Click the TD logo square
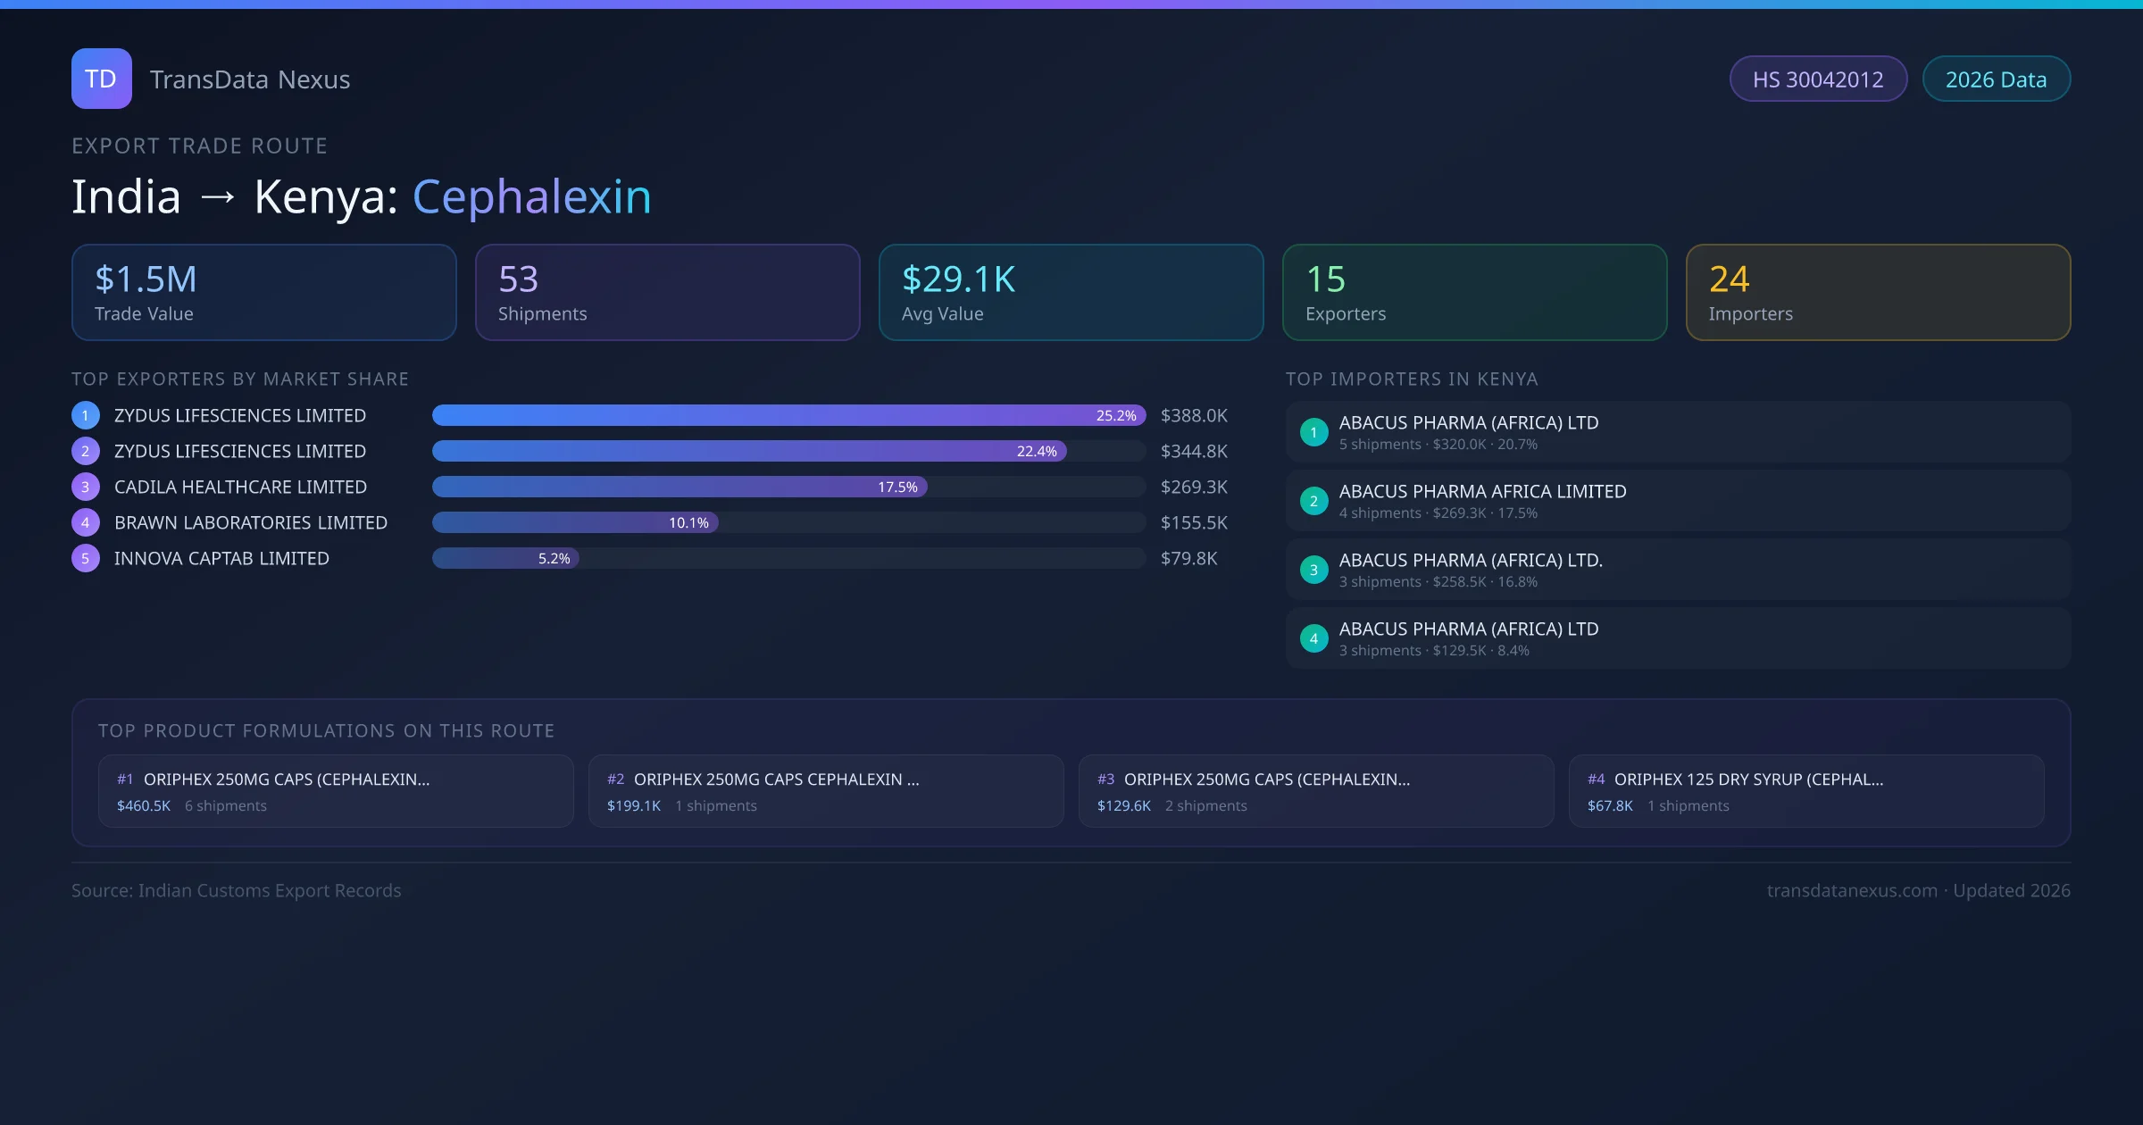(x=101, y=79)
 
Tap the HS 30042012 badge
(x=1817, y=79)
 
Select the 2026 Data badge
(x=1996, y=79)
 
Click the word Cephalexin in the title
(x=531, y=196)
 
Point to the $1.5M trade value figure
(x=146, y=279)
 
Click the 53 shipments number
(x=518, y=279)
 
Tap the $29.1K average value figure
(x=958, y=279)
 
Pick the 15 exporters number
(x=1325, y=279)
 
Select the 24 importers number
(x=1729, y=279)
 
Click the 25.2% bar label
(x=1116, y=415)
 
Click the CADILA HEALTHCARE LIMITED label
(x=240, y=487)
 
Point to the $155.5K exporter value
(x=1194, y=522)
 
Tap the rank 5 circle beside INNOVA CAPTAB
(x=86, y=558)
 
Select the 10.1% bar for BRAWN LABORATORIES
(x=575, y=522)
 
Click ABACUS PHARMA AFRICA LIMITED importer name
(x=1482, y=491)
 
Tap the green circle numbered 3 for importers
(x=1313, y=570)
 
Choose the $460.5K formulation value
(x=144, y=805)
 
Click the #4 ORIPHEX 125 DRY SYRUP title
(x=1747, y=779)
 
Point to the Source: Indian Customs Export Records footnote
(x=237, y=890)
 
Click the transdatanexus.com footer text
(x=1852, y=890)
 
